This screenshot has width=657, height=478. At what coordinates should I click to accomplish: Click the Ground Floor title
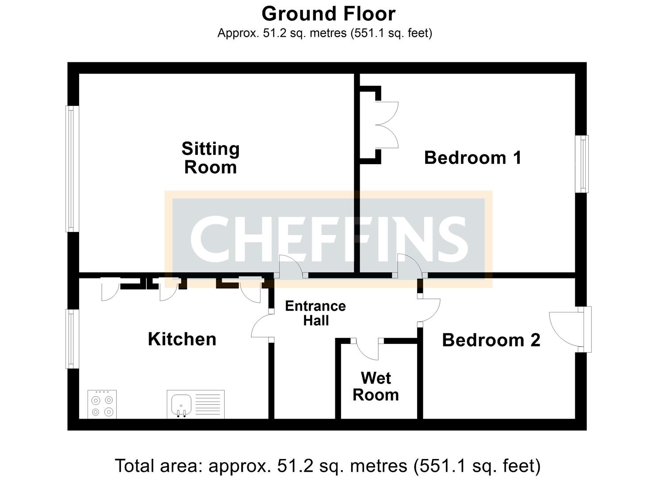[x=328, y=14]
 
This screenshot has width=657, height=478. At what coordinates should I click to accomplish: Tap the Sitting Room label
[x=211, y=158]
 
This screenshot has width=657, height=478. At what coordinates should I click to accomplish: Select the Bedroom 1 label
[x=473, y=158]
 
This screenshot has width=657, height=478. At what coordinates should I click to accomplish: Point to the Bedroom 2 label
[x=491, y=340]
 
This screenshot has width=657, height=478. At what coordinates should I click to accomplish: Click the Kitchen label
[x=182, y=339]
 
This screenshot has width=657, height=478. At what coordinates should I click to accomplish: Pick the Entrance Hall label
[x=315, y=313]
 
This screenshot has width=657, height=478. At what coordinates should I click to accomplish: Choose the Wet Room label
[x=376, y=386]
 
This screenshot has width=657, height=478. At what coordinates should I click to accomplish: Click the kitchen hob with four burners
[x=102, y=404]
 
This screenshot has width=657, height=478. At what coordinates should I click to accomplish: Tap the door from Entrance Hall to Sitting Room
[x=291, y=267]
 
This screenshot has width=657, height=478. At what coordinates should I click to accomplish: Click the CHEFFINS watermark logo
[x=328, y=239]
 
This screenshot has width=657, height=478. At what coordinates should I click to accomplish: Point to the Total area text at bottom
[x=327, y=466]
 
